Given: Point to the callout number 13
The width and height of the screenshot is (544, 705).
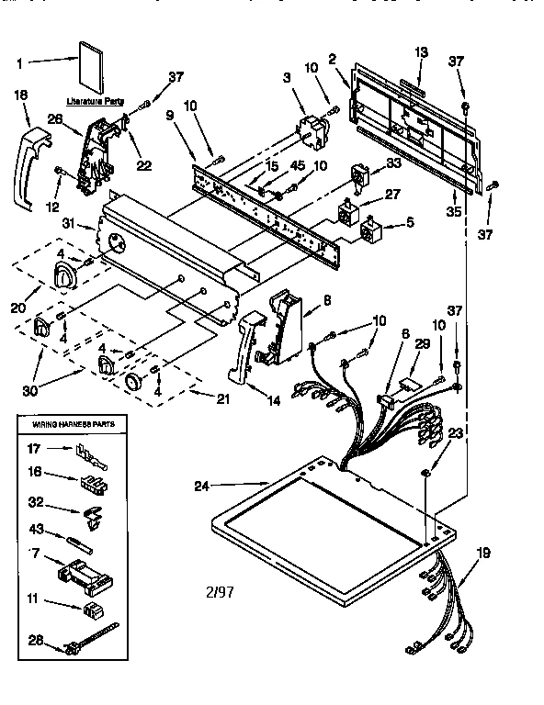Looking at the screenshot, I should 422,51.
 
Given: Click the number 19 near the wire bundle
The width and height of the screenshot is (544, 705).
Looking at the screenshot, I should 483,553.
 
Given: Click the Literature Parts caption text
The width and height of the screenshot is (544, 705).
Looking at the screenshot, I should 96,101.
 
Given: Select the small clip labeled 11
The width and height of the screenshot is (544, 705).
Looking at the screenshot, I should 92,610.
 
